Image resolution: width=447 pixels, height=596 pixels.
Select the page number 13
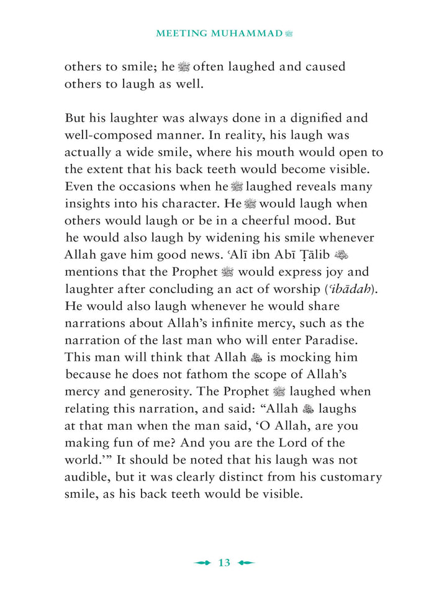224,562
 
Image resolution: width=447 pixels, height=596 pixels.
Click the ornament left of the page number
203,562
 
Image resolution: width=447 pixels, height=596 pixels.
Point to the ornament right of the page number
246,562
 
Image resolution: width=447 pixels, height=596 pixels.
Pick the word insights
86,204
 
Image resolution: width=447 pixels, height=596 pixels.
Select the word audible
87,477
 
